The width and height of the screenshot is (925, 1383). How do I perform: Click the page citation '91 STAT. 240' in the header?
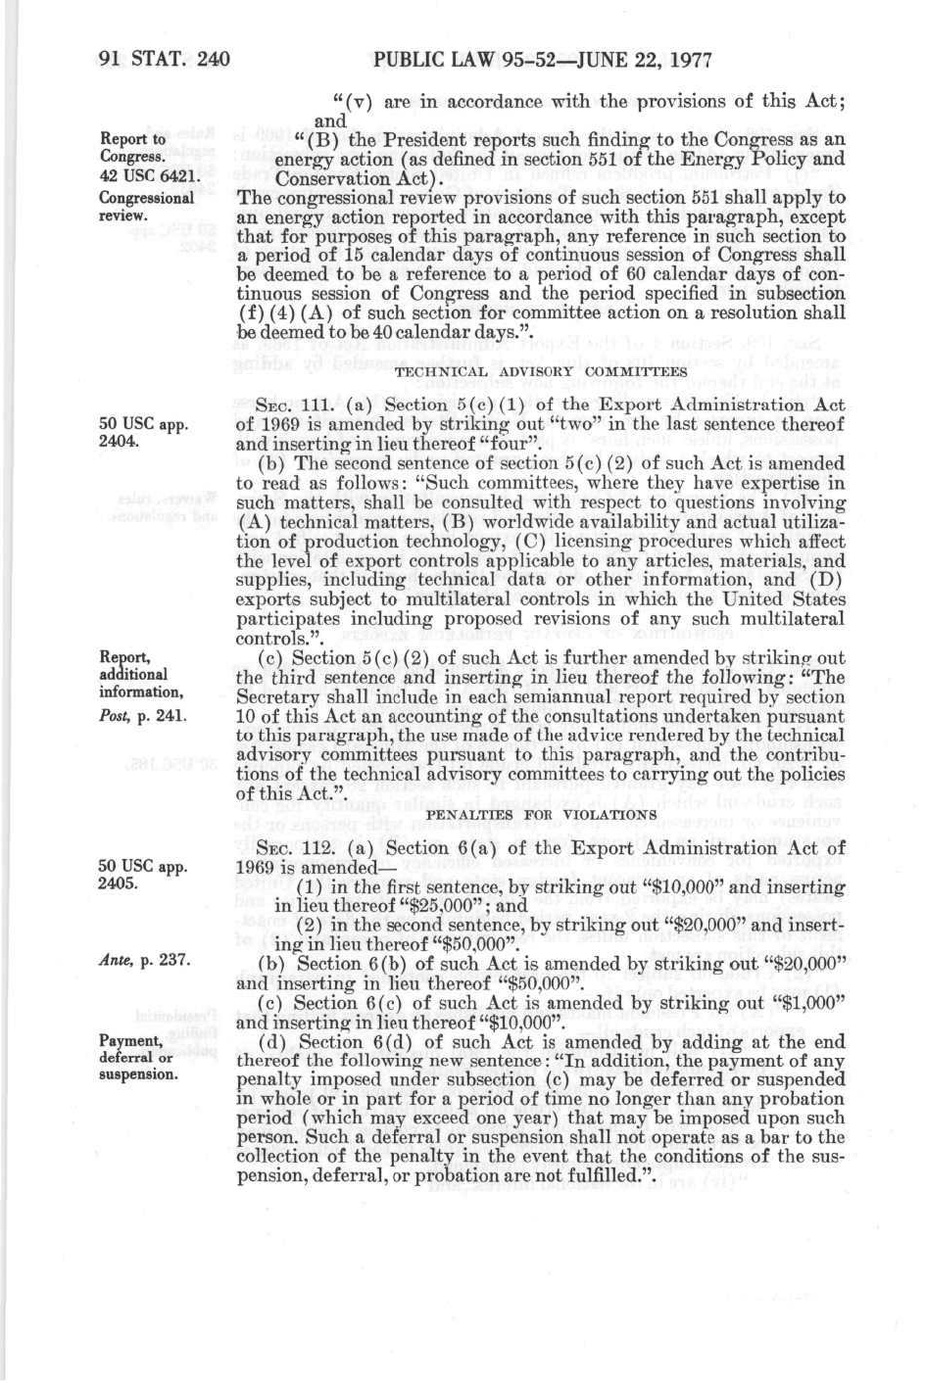pyautogui.click(x=164, y=61)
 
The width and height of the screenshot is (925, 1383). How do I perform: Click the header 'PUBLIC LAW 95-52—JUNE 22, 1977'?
pyautogui.click(x=541, y=61)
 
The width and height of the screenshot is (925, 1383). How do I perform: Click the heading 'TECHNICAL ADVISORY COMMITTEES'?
pyautogui.click(x=541, y=372)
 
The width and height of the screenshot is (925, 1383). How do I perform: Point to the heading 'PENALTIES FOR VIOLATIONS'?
pyautogui.click(x=541, y=814)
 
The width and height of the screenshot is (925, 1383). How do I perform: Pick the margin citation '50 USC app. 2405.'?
pyautogui.click(x=143, y=875)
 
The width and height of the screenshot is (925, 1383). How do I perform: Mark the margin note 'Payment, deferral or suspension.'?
pyautogui.click(x=138, y=1057)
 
